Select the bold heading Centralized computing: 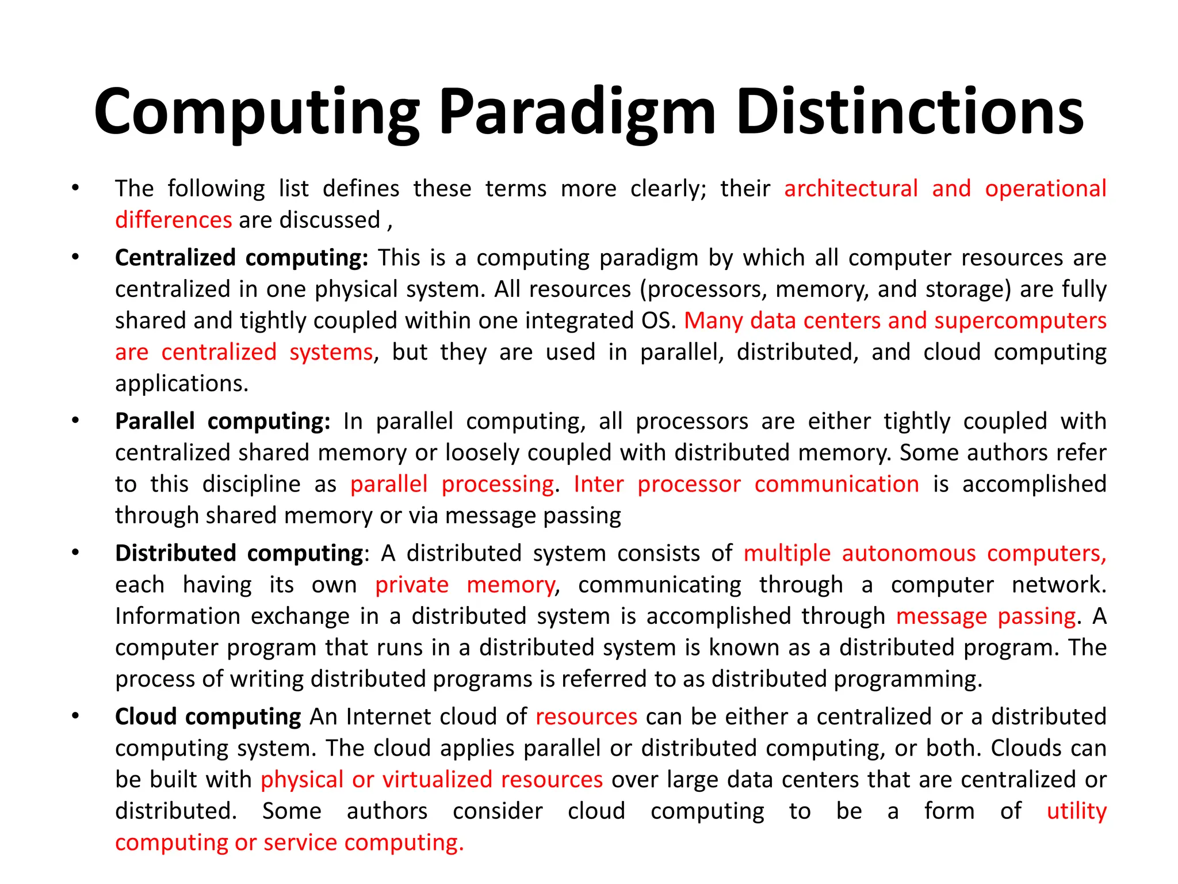coord(242,257)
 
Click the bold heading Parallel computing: coord(223,421)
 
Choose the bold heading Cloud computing coord(208,717)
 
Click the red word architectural coord(851,189)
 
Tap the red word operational coord(1045,189)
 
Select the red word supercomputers coord(1020,321)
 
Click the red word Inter coord(598,484)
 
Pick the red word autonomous coord(909,553)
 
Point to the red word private coord(412,585)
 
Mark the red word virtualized coord(437,779)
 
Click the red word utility coord(1076,811)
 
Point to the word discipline coord(251,484)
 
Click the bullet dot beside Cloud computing coord(75,716)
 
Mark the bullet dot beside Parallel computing coord(75,421)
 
